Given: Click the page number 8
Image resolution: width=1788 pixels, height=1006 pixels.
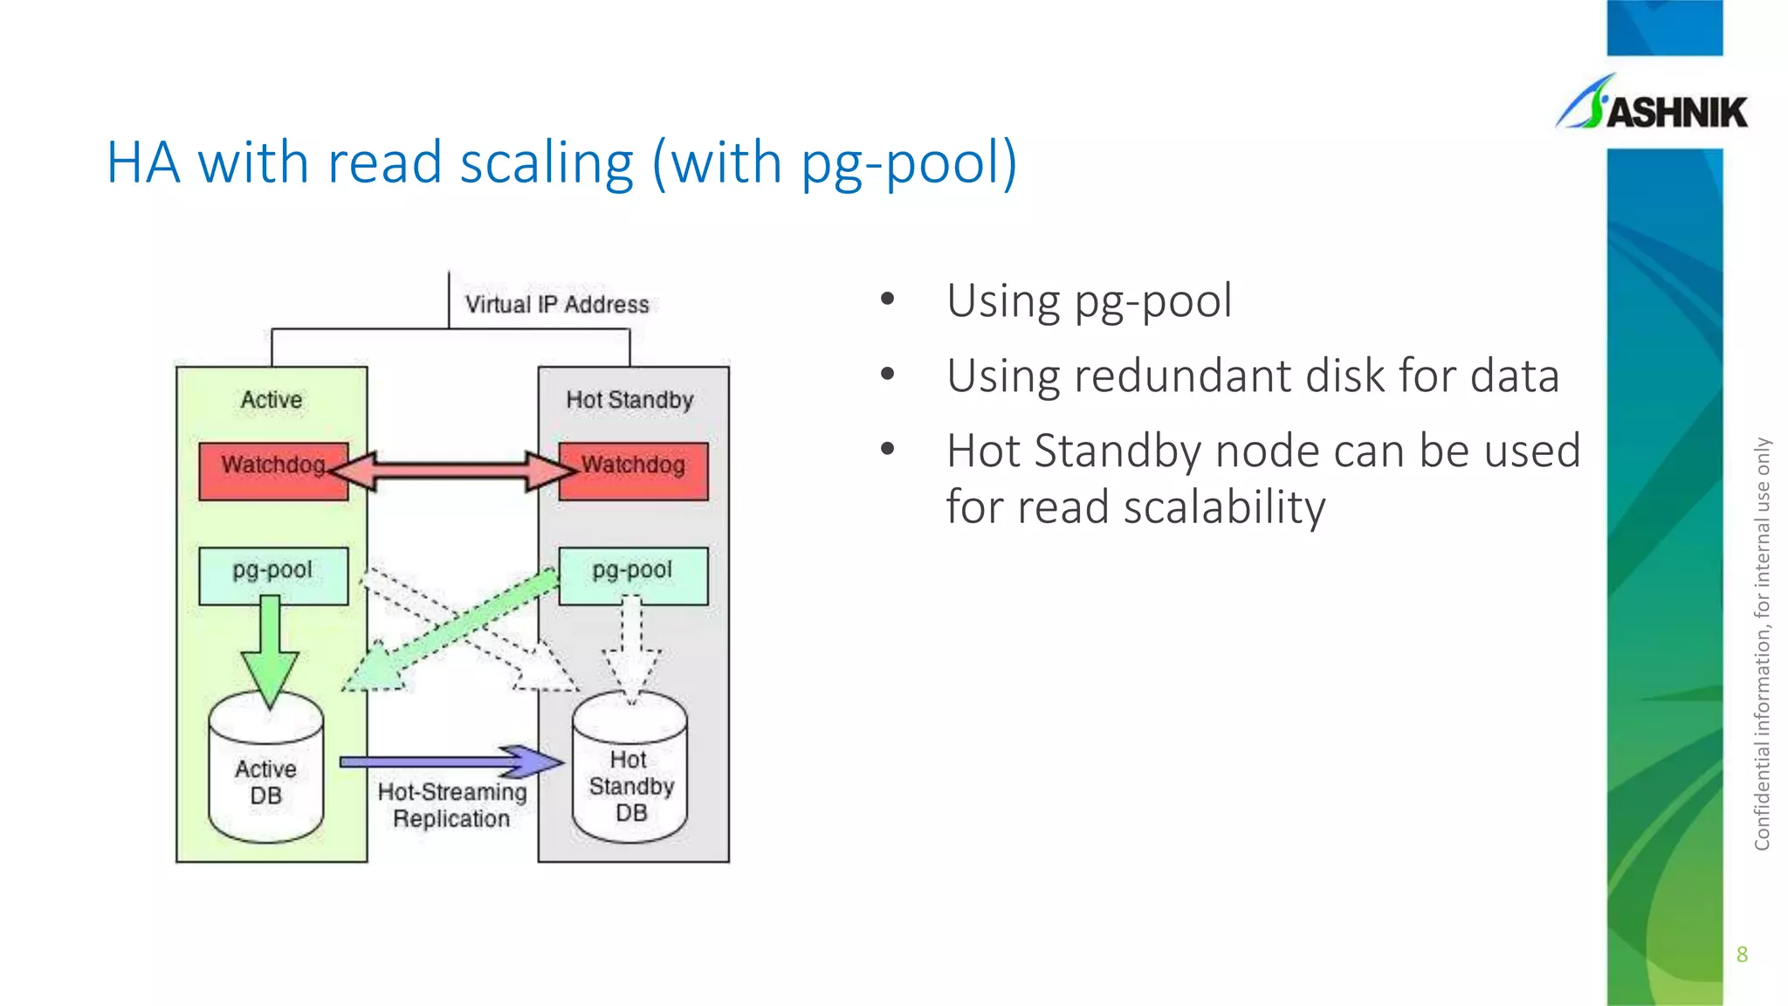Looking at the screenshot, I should (x=1742, y=954).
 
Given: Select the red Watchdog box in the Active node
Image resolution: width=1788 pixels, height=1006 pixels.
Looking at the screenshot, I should (x=272, y=472).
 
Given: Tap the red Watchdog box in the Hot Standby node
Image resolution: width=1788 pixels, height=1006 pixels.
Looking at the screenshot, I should (x=634, y=472).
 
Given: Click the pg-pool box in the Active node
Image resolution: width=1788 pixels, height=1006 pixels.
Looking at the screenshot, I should (x=273, y=575).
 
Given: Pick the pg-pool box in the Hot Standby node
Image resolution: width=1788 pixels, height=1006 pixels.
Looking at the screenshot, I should (x=633, y=575).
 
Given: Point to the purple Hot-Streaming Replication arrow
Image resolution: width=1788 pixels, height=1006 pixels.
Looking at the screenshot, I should (x=450, y=761).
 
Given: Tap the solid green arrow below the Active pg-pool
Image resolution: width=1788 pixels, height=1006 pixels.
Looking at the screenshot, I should (x=271, y=651).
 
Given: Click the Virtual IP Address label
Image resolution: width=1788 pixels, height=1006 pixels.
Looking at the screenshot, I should (x=557, y=305).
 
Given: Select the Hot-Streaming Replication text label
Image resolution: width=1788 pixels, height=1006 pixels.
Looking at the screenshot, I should (x=451, y=805).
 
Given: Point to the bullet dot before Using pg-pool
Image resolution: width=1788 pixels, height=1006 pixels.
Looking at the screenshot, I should (x=888, y=300).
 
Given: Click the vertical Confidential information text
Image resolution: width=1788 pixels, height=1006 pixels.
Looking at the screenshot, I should (x=1762, y=644).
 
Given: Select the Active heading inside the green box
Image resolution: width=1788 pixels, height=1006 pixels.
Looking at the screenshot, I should (x=272, y=400).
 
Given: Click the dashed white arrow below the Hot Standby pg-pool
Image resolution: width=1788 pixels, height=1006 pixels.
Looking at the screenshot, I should (x=632, y=651).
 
